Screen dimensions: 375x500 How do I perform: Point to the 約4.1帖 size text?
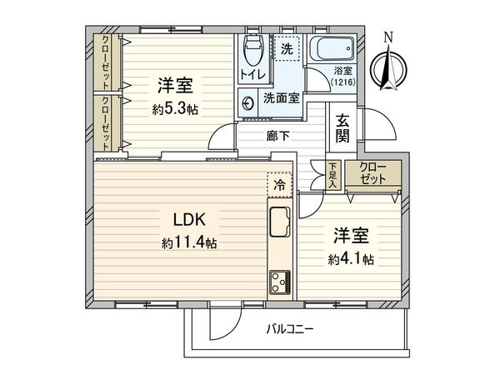click(350, 259)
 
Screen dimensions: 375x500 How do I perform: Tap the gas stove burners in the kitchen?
click(278, 282)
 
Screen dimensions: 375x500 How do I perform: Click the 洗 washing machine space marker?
click(286, 49)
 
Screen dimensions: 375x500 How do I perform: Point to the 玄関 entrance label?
click(342, 128)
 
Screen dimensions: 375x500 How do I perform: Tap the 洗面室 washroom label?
click(280, 97)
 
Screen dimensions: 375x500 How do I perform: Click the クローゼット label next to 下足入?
click(374, 173)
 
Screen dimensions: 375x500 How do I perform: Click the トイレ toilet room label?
click(253, 75)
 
